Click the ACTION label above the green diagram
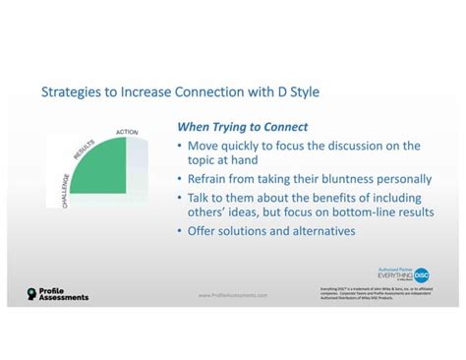(x=126, y=131)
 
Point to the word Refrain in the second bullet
(x=211, y=179)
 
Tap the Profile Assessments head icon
(x=31, y=293)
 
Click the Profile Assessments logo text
(x=63, y=293)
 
